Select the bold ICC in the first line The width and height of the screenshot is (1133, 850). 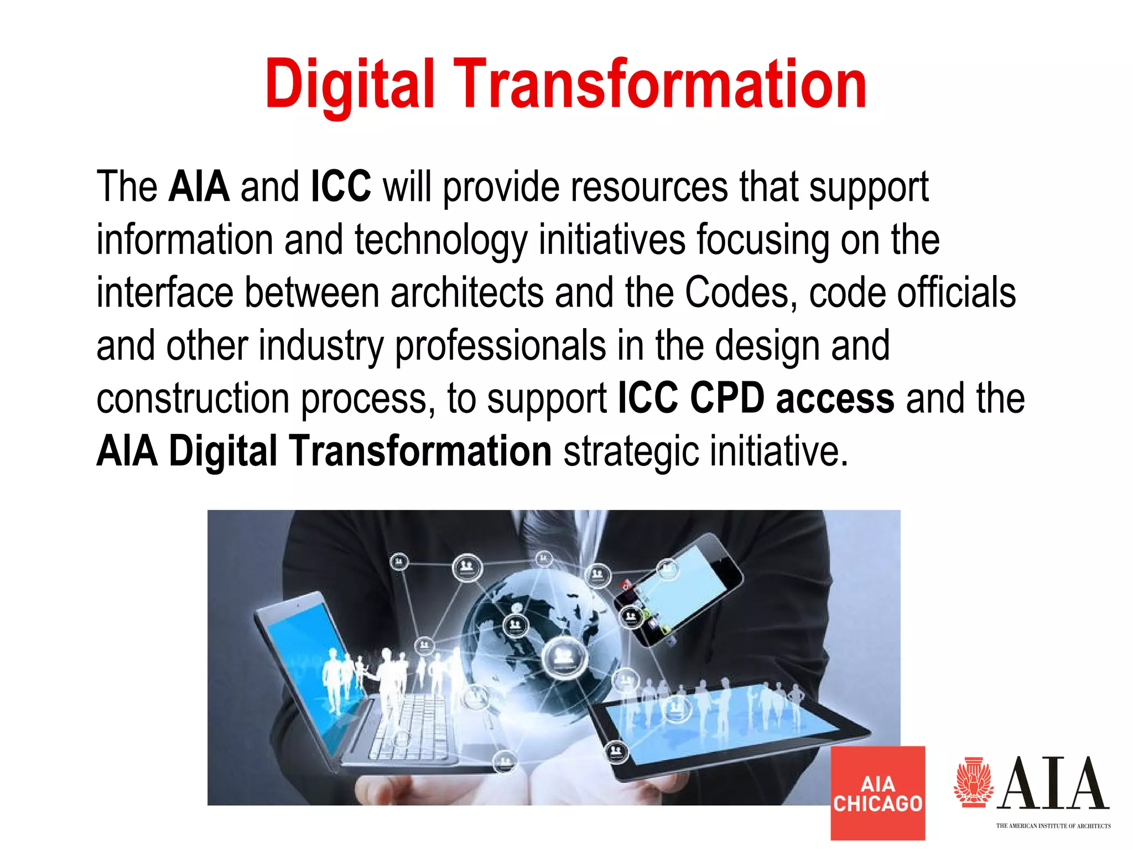point(341,187)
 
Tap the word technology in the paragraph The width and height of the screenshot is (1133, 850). point(440,241)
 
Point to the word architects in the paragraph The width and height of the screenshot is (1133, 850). point(467,293)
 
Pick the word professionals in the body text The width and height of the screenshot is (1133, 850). point(500,346)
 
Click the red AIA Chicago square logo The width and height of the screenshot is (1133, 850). point(877,793)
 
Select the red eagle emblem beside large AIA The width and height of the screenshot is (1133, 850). point(973,782)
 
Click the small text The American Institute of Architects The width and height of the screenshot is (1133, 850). point(1053,826)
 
